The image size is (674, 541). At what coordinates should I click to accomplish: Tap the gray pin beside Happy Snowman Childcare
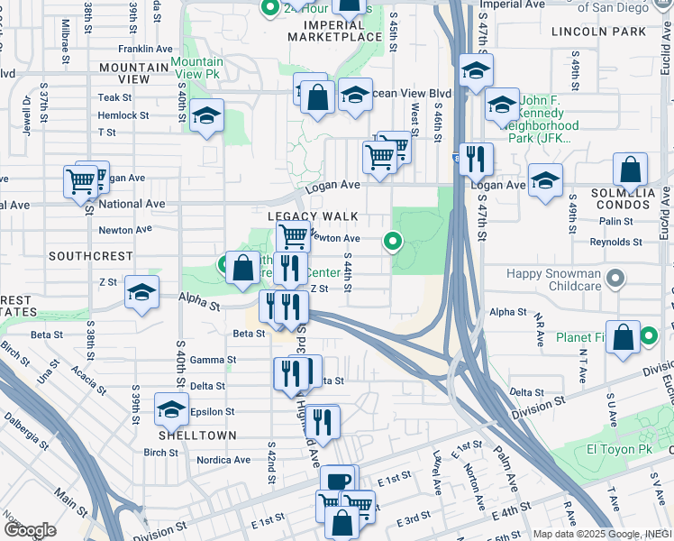coord(615,279)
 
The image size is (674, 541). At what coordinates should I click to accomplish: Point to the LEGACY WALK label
coord(313,217)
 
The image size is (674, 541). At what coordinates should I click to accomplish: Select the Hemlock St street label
coord(123,115)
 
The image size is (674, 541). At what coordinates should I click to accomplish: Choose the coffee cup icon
coord(338,481)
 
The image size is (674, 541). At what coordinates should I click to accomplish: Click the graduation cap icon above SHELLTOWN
coord(171,409)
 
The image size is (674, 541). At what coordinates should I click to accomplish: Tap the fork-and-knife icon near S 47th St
coord(476,159)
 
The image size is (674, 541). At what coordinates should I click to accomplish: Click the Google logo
coord(30,530)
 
